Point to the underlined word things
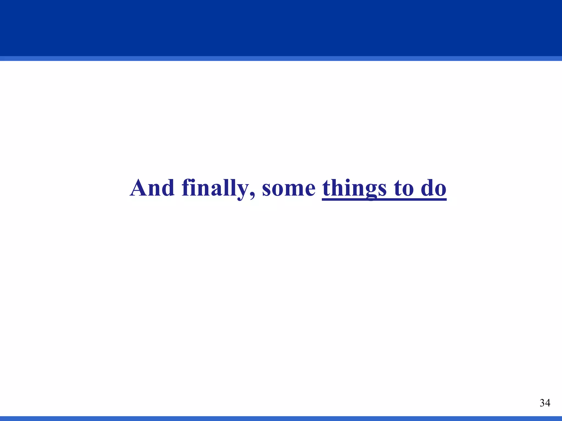[354, 188]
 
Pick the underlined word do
[434, 188]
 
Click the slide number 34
[545, 403]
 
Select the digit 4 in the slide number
[547, 403]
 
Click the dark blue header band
[281, 27]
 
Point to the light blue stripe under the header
[281, 58]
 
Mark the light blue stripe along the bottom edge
[281, 419]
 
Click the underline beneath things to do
[384, 199]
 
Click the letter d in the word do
[427, 188]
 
